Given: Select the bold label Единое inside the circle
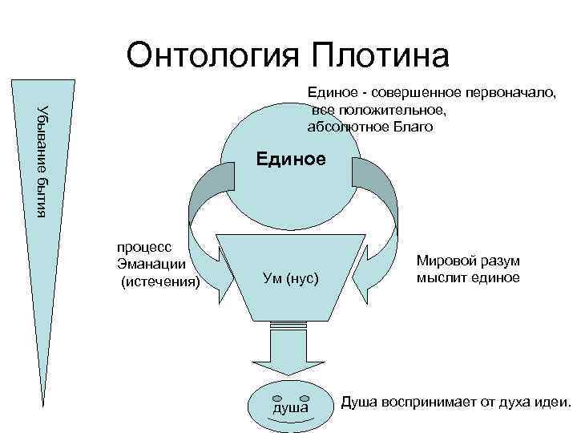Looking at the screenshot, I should coord(291,159).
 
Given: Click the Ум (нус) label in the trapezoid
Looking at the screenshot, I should coord(290,279).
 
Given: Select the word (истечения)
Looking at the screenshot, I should coord(159,281).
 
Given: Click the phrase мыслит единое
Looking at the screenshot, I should coord(467,278).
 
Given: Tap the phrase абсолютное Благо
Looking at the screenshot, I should coord(369,127).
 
